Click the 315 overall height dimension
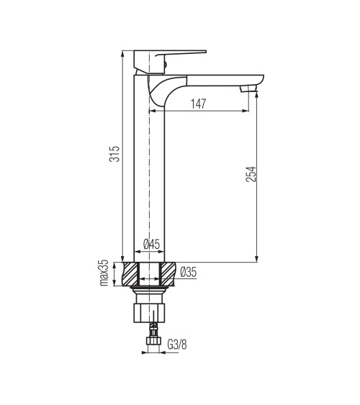point(114,154)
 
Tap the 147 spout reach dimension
point(199,104)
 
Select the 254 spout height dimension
point(251,174)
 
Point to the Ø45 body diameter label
point(152,244)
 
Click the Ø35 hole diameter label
point(189,272)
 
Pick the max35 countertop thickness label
point(104,273)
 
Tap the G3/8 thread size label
point(177,345)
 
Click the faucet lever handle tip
point(205,52)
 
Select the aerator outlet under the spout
point(248,89)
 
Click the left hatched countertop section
point(131,274)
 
